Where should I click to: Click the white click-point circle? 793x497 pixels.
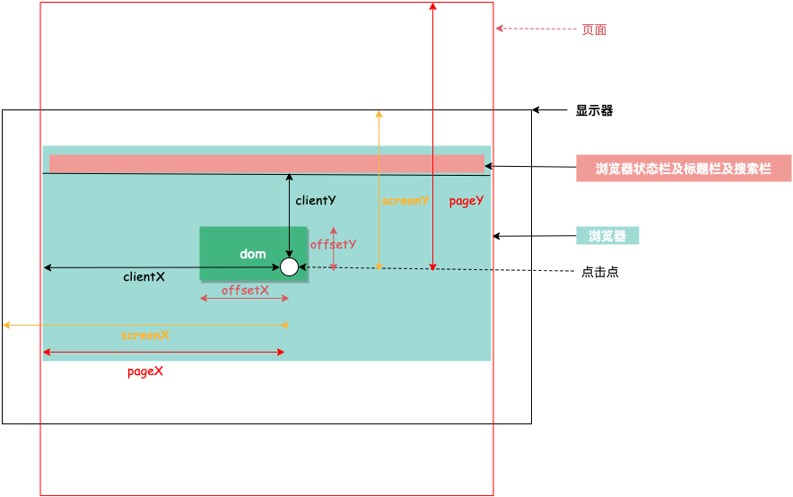click(x=289, y=266)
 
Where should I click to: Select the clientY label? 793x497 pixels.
click(x=316, y=201)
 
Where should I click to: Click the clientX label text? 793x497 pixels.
click(x=144, y=277)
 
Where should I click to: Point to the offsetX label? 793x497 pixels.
click(x=245, y=290)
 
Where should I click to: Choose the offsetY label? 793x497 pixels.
click(x=334, y=244)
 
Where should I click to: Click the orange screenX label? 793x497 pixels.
click(x=145, y=335)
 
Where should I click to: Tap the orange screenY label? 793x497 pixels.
click(x=405, y=201)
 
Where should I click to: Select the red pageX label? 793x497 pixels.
click(x=145, y=371)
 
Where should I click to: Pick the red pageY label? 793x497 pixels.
click(x=466, y=201)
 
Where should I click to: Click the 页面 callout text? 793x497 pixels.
click(x=594, y=30)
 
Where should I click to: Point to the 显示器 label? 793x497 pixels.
click(x=594, y=111)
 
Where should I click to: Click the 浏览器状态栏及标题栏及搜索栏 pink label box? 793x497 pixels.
click(x=684, y=169)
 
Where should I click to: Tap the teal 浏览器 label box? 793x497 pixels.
click(x=607, y=236)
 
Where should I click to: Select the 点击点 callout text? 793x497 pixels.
click(x=600, y=272)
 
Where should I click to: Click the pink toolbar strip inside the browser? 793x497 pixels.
click(x=266, y=163)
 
